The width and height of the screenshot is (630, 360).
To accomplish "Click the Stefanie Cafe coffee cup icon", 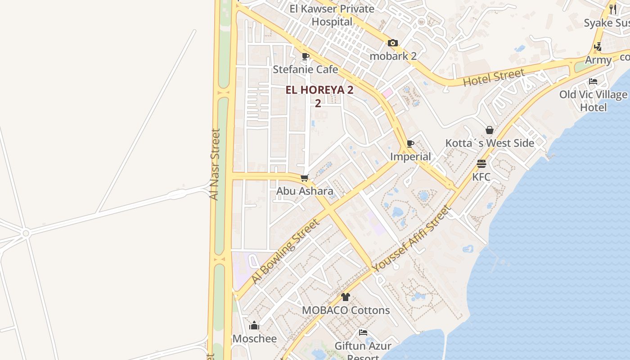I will tap(306, 56).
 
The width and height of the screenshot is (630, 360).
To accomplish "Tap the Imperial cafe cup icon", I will tap(410, 144).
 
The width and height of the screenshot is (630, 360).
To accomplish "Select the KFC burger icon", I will tap(481, 163).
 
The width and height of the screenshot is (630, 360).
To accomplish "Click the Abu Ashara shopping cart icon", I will tap(305, 178).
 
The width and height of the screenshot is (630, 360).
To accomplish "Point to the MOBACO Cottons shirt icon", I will tap(345, 297).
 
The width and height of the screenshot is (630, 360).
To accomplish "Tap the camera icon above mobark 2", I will tap(393, 43).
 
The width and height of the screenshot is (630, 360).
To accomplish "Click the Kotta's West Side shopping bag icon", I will tap(490, 130).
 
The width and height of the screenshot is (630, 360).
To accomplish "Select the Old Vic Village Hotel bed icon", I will tap(593, 81).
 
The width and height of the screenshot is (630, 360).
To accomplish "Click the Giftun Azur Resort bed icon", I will tap(363, 333).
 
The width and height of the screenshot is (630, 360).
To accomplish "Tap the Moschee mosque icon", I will tap(254, 325).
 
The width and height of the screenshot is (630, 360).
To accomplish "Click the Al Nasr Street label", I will tap(215, 164).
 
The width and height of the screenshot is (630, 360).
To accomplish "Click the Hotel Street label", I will tap(494, 77).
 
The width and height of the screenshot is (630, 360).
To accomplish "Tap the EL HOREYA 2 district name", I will tap(319, 90).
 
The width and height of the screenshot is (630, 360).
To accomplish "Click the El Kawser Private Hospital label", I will tap(332, 15).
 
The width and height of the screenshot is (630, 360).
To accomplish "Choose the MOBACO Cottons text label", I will tap(346, 310).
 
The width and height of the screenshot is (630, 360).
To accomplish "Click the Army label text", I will tap(598, 60).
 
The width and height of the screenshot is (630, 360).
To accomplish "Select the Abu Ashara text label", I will tap(305, 191).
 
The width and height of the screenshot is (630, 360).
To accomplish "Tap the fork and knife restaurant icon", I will tap(612, 9).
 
